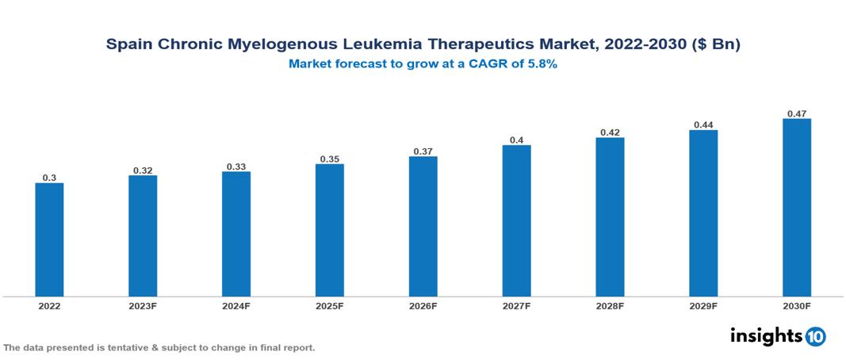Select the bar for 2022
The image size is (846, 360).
49,239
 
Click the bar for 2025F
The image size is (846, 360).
329,230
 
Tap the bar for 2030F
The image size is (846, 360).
797,208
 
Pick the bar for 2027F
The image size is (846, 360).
516,220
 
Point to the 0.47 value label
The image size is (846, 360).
797,113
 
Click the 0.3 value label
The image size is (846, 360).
49,178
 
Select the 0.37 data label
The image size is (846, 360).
423,151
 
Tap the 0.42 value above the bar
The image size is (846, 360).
610,132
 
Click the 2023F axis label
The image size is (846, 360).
143,305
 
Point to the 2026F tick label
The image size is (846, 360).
423,305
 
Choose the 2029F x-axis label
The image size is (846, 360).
703,305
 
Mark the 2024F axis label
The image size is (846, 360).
236,305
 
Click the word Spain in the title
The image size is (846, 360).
128,45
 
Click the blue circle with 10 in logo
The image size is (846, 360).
816,336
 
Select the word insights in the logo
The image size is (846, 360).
766,335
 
